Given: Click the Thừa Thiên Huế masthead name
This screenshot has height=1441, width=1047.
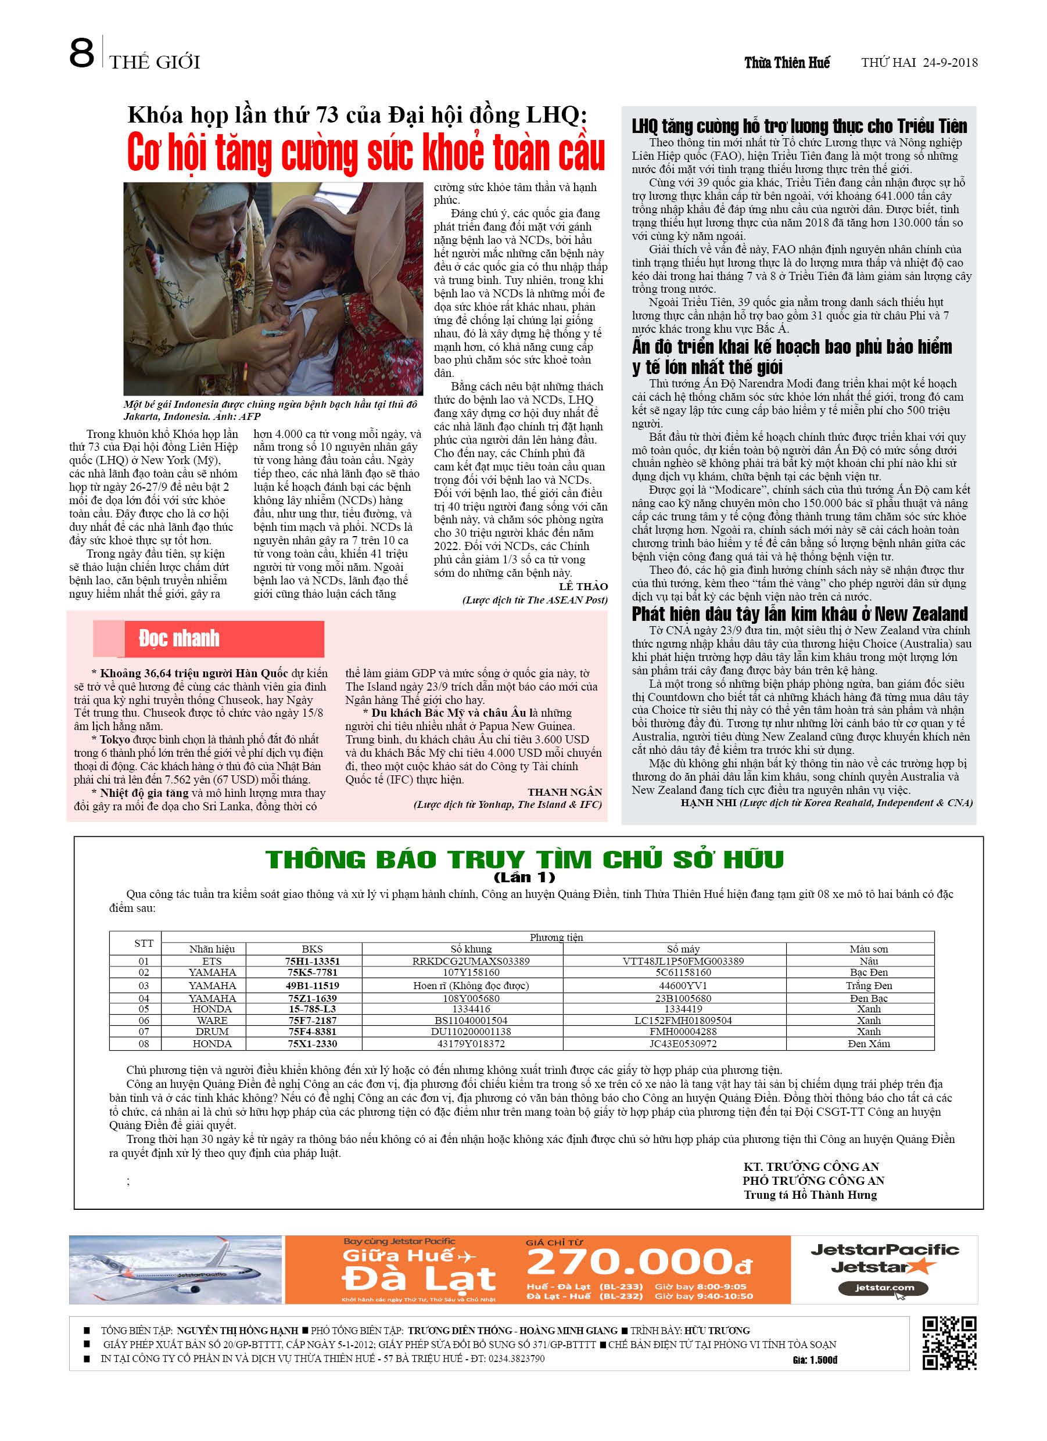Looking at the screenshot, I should pyautogui.click(x=787, y=62).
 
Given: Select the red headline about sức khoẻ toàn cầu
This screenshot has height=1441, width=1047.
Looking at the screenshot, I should pyautogui.click(x=365, y=153).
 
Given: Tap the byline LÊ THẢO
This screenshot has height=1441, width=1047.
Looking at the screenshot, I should pyautogui.click(x=583, y=587).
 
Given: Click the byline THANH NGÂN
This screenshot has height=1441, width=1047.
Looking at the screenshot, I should pyautogui.click(x=565, y=792).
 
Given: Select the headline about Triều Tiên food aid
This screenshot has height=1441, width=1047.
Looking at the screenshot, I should pyautogui.click(x=799, y=126).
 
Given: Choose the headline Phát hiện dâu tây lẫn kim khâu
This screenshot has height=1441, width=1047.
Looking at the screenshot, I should pyautogui.click(x=799, y=614).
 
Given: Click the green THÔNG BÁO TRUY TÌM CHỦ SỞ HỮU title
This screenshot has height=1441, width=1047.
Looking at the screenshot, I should pyautogui.click(x=525, y=860).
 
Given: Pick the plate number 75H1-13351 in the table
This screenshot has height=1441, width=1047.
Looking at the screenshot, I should pyautogui.click(x=312, y=961).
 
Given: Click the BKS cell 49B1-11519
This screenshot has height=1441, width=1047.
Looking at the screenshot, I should pyautogui.click(x=312, y=986).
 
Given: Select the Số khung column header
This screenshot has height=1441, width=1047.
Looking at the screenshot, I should pyautogui.click(x=471, y=949).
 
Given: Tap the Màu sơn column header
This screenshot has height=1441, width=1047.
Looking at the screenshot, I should pyautogui.click(x=869, y=949).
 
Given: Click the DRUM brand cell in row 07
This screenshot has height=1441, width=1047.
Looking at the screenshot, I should pyautogui.click(x=211, y=1032).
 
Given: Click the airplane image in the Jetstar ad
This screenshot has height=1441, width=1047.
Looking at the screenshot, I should pyautogui.click(x=175, y=1270).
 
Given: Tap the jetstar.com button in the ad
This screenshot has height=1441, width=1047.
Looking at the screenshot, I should pyautogui.click(x=883, y=1288).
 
